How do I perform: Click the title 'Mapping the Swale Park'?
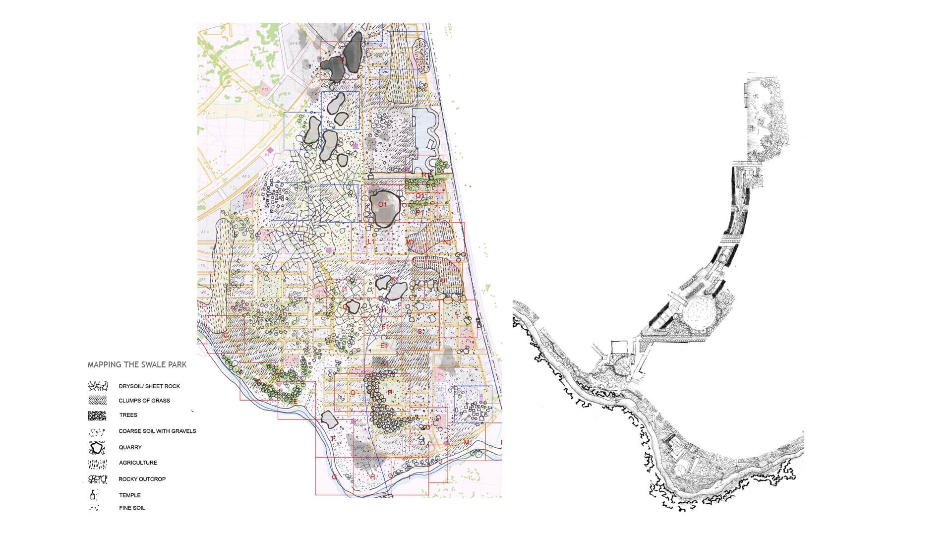click(x=137, y=364)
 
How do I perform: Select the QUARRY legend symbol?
click(x=97, y=448)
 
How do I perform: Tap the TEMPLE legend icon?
click(x=92, y=495)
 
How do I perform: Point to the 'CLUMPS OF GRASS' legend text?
click(x=144, y=401)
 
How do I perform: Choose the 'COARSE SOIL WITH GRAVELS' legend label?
click(x=157, y=431)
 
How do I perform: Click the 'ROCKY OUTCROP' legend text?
click(x=142, y=479)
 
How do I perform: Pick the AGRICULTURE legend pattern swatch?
click(x=97, y=464)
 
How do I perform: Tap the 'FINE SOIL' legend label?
click(x=132, y=508)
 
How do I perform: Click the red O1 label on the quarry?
click(x=382, y=204)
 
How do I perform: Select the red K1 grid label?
click(x=395, y=280)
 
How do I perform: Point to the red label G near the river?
click(x=334, y=477)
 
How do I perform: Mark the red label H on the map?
click(x=372, y=477)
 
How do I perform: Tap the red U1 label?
click(x=444, y=281)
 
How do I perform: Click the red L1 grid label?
click(x=371, y=241)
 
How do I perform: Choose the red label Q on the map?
click(x=353, y=392)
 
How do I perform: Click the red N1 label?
click(x=447, y=242)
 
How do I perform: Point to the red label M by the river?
click(x=466, y=442)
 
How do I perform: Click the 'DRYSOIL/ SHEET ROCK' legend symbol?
click(x=97, y=386)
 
